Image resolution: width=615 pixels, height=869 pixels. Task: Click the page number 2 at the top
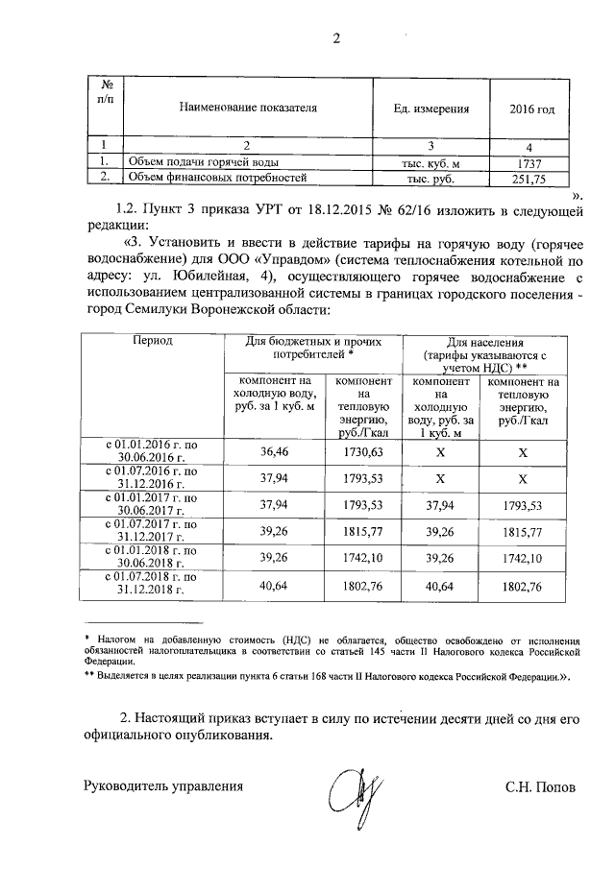(x=335, y=38)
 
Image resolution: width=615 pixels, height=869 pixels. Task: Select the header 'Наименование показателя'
(x=247, y=109)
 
